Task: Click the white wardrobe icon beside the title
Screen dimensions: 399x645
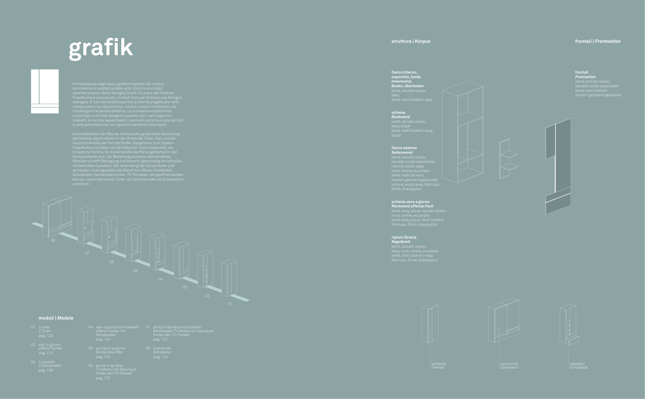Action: [45, 91]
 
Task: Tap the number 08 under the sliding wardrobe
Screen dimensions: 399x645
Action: [53, 240]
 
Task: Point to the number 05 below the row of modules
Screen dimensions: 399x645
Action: [136, 271]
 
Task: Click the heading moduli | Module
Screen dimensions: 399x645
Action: [56, 318]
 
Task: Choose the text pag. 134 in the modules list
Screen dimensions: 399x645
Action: [103, 339]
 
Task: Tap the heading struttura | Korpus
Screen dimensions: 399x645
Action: [411, 41]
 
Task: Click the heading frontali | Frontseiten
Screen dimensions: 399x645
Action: [598, 41]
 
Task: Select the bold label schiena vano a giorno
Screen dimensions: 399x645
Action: [410, 202]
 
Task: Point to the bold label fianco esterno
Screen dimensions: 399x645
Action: [404, 148]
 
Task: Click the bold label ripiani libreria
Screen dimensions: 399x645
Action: [404, 237]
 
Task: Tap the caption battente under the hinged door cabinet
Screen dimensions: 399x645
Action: [439, 364]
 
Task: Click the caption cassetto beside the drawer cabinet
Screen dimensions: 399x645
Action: [577, 364]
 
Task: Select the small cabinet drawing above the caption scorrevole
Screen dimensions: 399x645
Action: [504, 321]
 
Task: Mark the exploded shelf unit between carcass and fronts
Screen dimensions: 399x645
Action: [508, 159]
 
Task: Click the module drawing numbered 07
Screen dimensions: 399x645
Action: [85, 226]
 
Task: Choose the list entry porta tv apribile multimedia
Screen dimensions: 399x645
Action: [177, 327]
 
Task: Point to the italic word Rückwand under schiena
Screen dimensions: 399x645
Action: [401, 117]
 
